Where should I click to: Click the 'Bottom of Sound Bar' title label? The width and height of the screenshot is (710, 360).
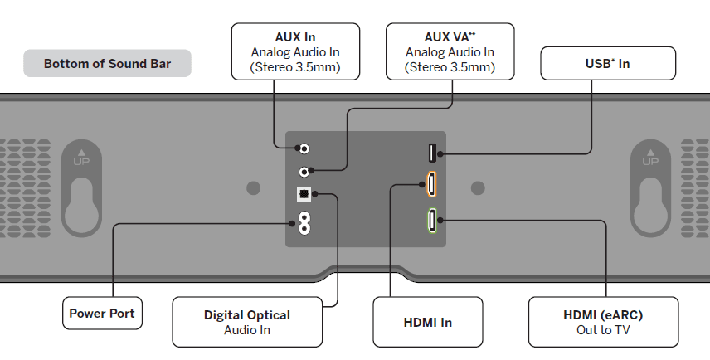(107, 64)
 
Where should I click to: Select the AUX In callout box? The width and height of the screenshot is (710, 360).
(295, 51)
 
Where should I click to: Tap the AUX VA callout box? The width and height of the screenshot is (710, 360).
(450, 51)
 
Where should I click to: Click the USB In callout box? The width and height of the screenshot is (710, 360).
(607, 64)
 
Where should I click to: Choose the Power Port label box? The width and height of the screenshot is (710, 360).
(102, 314)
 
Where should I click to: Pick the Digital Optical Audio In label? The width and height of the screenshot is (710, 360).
(246, 322)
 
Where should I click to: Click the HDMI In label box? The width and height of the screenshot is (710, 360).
(428, 322)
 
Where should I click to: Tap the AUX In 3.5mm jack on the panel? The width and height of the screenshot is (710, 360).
(304, 148)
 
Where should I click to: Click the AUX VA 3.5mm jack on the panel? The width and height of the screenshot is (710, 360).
(304, 172)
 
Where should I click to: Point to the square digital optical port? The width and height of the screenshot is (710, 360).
(304, 195)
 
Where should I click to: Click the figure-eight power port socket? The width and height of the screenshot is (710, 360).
(304, 222)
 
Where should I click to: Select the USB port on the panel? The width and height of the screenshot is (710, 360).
(432, 153)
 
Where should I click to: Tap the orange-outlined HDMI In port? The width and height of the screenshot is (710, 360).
(432, 184)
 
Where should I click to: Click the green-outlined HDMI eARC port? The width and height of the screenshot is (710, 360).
(432, 221)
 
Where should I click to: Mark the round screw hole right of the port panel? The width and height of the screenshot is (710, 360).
(477, 188)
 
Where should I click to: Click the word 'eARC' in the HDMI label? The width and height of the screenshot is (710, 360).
(620, 315)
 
